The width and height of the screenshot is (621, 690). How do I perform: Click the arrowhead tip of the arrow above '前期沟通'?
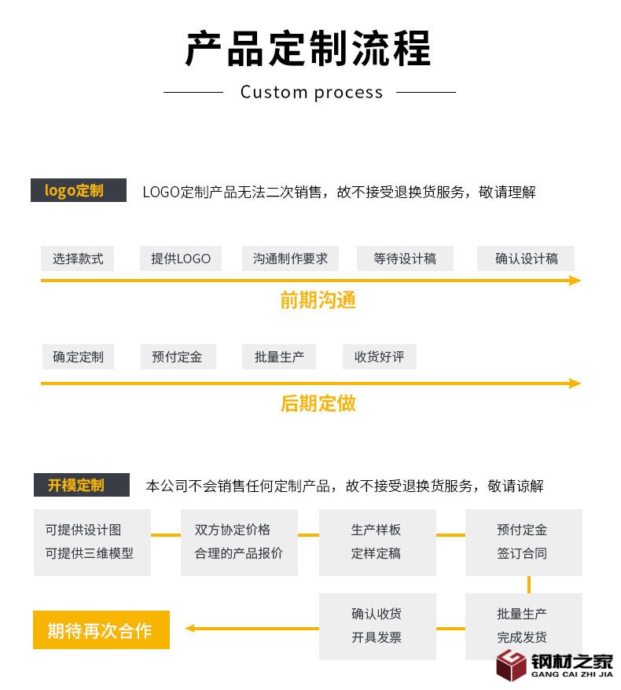point(581,281)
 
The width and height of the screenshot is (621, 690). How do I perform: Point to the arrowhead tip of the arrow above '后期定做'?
point(581,384)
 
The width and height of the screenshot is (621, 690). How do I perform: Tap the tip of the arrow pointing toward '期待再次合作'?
point(185,629)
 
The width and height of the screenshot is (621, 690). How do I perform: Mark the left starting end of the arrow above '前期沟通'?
point(41,281)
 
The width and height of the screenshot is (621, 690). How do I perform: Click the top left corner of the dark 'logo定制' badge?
point(31,178)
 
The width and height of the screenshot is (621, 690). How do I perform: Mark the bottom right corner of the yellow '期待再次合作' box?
point(170,648)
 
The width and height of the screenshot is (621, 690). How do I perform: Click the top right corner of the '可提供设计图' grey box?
point(150,509)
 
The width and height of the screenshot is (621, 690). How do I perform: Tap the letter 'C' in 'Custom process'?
point(247,92)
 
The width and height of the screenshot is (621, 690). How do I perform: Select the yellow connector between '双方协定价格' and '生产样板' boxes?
point(308,535)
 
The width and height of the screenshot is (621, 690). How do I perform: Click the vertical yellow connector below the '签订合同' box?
point(528,585)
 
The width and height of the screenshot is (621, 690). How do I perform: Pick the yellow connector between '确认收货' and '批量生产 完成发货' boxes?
point(450,629)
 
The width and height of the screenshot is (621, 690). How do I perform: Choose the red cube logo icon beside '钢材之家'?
point(510,665)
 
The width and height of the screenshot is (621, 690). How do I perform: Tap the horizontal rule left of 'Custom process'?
point(193,92)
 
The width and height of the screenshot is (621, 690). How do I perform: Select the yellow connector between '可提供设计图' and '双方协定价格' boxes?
point(166,535)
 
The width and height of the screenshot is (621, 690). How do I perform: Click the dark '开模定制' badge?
point(82,485)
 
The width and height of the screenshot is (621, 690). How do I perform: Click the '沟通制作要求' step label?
point(291,259)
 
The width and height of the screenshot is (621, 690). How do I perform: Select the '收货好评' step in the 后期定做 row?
point(380,357)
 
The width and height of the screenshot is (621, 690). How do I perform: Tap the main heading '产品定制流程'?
point(308,49)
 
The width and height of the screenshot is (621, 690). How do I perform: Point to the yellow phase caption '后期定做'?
point(318,403)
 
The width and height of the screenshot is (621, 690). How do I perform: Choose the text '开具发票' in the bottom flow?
point(377,637)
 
